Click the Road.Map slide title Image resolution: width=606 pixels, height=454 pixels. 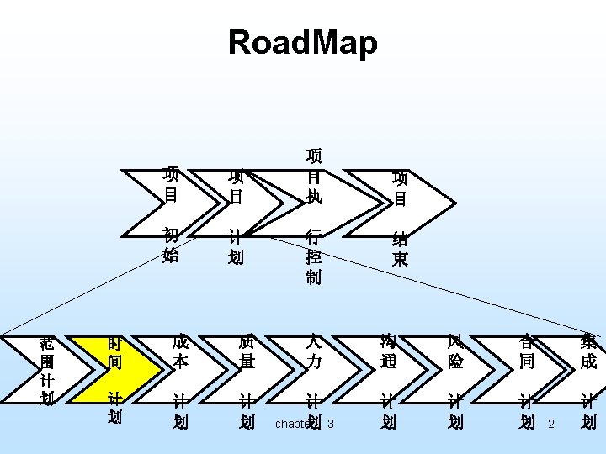303,43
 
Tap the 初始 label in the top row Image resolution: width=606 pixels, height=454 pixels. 171,245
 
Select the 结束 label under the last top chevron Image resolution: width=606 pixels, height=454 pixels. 401,249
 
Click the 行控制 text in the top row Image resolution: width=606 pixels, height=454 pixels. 313,256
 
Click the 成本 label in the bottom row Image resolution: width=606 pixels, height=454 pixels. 180,351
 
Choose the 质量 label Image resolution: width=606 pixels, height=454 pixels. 247,351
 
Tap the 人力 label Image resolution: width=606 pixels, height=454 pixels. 313,351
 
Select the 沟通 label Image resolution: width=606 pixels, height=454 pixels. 388,351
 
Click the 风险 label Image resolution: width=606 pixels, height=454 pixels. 455,351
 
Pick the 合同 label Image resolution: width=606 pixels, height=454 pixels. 526,351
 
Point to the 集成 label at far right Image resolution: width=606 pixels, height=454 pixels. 588,351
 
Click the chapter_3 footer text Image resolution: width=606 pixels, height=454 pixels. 305,424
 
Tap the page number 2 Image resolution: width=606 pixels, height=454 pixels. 551,424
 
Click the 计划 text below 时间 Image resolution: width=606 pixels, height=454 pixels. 114,406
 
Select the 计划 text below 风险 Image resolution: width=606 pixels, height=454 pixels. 455,411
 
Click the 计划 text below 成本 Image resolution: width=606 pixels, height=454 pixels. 180,411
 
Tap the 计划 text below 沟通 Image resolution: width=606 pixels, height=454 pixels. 388,411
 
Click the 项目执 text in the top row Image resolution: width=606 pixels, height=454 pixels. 313,177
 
